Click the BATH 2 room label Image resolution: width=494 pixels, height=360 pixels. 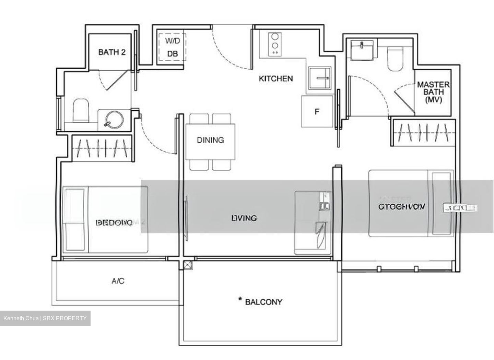(111, 52)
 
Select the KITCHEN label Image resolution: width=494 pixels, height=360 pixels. (275, 79)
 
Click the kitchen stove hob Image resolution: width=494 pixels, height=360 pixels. (274, 44)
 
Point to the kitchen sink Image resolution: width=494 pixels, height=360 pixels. (320, 78)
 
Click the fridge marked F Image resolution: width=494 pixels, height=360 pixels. (317, 111)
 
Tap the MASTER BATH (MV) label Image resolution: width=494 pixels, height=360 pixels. (433, 92)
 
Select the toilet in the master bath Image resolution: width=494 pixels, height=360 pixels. (394, 59)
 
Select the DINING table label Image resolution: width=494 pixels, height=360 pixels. (210, 140)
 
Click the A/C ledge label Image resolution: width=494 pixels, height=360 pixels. (118, 281)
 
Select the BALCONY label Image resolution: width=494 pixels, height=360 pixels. (263, 302)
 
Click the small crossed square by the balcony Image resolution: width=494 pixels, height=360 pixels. (187, 265)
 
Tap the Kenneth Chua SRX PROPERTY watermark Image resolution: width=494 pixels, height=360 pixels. (45, 318)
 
